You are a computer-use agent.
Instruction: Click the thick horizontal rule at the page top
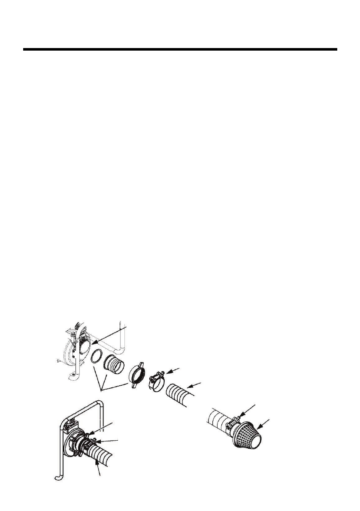point(180,49)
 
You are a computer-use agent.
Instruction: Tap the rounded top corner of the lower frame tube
point(99,404)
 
